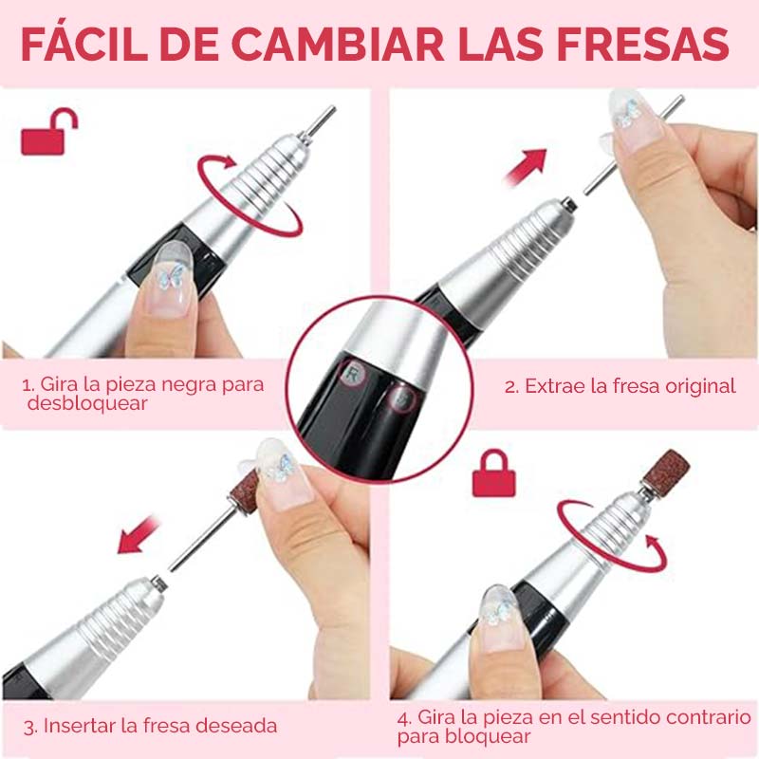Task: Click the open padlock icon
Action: pos(48,133)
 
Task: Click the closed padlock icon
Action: pos(493,473)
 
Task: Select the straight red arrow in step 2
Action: pos(527,169)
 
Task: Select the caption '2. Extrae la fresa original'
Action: pos(620,386)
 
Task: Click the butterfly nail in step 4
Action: pos(499,607)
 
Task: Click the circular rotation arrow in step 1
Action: pos(249,194)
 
